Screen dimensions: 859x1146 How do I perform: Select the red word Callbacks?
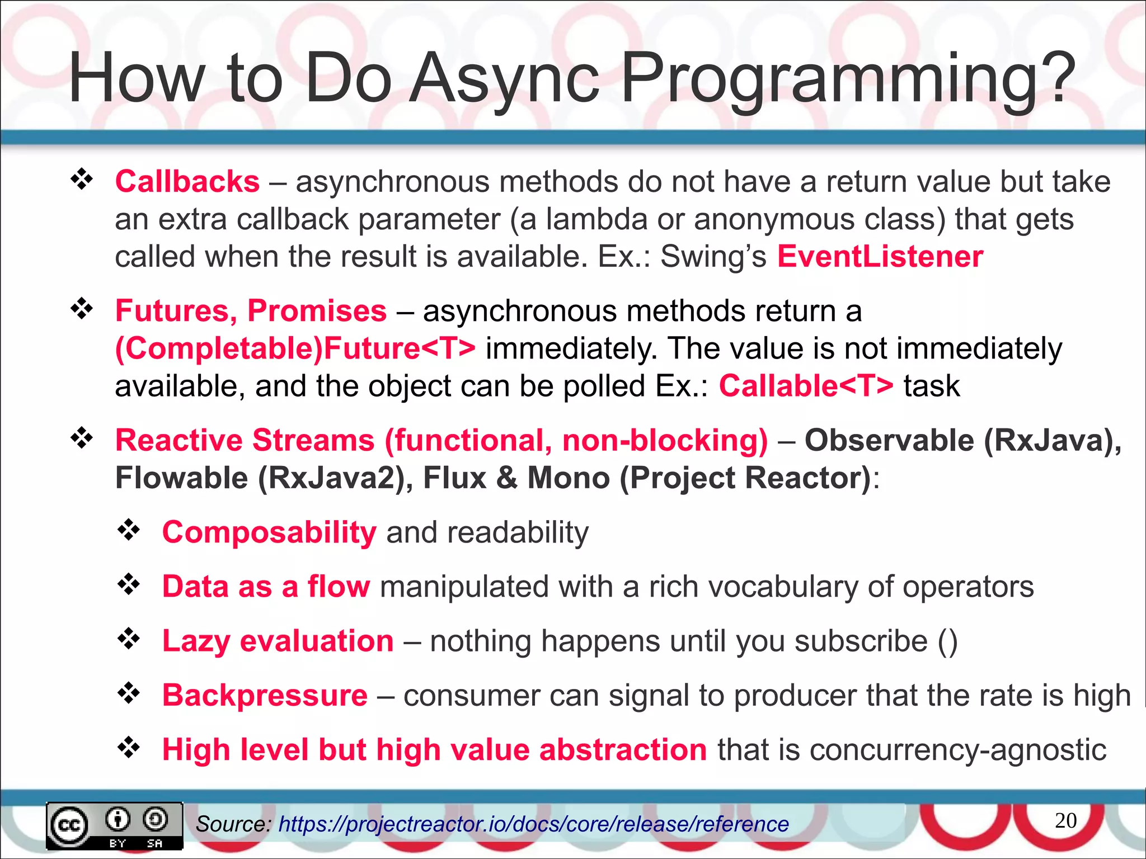[x=187, y=182]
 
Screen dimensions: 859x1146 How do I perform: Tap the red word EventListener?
[x=880, y=257]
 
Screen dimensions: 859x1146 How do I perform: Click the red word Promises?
[x=317, y=311]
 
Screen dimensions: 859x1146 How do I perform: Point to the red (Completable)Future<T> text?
[x=295, y=348]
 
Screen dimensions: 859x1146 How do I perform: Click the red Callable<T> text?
[x=806, y=386]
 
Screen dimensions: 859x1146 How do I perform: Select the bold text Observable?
[x=889, y=440]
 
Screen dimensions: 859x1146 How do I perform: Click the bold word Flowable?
[x=181, y=478]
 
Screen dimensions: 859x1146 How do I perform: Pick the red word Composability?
[x=269, y=532]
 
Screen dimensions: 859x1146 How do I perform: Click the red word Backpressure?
[x=264, y=695]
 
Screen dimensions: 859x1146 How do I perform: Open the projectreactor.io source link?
[x=533, y=824]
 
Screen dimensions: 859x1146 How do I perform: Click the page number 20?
[x=1065, y=820]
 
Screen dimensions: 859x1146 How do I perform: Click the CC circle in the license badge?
[x=69, y=825]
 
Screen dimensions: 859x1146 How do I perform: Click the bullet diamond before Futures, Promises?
[x=82, y=309]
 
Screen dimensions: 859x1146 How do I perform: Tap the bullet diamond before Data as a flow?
[x=129, y=584]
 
